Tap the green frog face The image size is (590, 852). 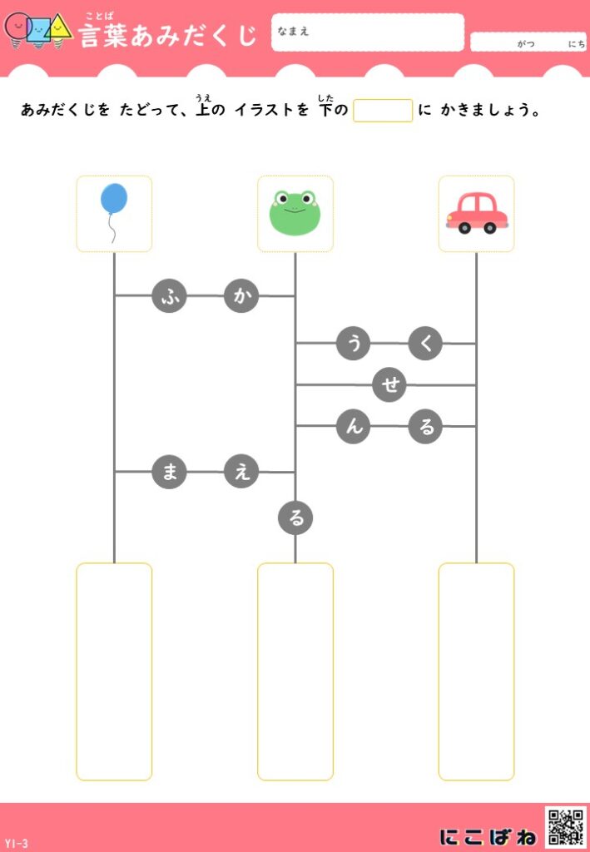[x=295, y=213]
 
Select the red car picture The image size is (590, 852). [x=476, y=213]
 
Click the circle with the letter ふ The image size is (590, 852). [x=169, y=295]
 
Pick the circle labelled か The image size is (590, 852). [x=241, y=295]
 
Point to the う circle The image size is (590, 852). [x=353, y=343]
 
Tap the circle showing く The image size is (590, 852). [x=425, y=343]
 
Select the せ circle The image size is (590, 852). [x=389, y=384]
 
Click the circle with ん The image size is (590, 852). [x=353, y=426]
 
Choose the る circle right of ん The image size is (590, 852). [x=425, y=426]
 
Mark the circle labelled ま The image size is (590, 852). [x=169, y=472]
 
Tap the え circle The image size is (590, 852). [x=241, y=472]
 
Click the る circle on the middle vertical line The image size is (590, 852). [x=295, y=518]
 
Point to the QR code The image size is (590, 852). [x=566, y=826]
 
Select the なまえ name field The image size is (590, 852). [x=367, y=32]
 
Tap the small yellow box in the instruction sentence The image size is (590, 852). [x=383, y=111]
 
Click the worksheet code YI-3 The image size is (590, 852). [x=16, y=844]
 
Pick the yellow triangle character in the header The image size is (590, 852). [x=59, y=27]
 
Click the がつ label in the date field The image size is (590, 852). [x=526, y=44]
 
